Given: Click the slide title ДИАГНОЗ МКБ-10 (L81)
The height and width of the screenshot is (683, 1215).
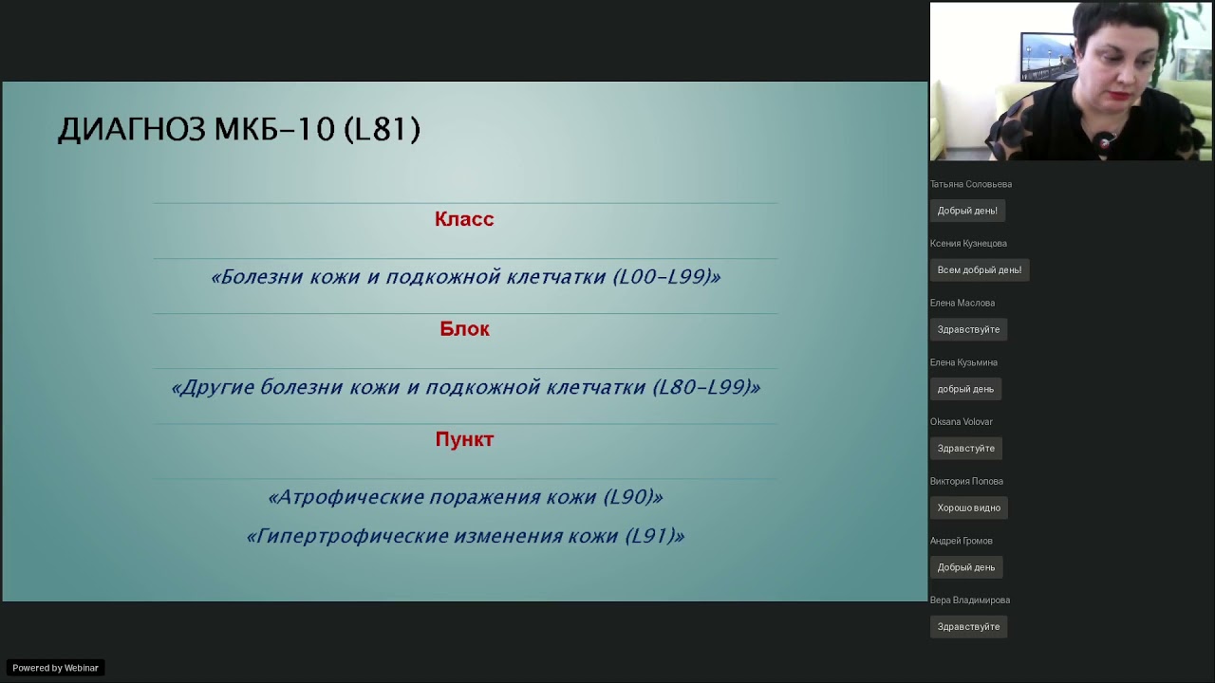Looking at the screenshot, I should click(x=238, y=129).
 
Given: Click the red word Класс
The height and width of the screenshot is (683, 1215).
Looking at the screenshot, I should click(x=464, y=219).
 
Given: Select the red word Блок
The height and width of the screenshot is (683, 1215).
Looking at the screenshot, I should click(x=464, y=329).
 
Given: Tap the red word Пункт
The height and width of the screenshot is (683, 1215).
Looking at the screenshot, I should click(x=464, y=439).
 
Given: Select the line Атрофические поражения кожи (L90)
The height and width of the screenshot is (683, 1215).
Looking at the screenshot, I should click(x=465, y=497).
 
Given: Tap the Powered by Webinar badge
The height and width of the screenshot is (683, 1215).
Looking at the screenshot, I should click(x=55, y=668).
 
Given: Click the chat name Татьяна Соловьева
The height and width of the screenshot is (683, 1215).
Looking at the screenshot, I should click(x=970, y=184).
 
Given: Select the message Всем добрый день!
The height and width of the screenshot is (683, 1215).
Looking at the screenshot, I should click(x=979, y=270).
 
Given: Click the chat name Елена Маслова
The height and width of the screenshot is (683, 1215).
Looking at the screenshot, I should click(x=962, y=303).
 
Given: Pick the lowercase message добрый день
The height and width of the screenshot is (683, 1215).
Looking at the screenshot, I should click(x=965, y=389).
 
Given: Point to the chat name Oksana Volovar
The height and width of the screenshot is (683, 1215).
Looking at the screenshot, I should click(x=961, y=421).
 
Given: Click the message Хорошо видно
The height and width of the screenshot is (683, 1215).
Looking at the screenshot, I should click(x=968, y=508).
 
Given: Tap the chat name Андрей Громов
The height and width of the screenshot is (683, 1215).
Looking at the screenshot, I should click(x=961, y=541).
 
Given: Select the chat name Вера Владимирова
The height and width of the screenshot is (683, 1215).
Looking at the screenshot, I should click(x=969, y=600).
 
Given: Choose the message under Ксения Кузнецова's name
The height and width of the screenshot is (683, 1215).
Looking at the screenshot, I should click(x=979, y=270).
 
